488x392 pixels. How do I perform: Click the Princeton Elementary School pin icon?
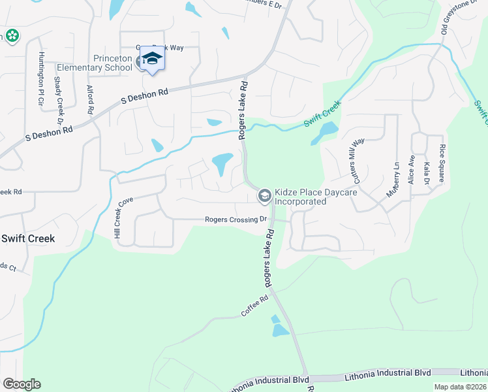[152, 58]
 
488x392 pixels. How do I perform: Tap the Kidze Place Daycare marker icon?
[264, 195]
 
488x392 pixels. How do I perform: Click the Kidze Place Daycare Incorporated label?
[300, 197]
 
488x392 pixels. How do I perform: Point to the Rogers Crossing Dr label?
[236, 220]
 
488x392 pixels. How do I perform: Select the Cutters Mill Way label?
[358, 160]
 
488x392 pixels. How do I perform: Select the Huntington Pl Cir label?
[40, 78]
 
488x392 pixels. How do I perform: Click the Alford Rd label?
[90, 100]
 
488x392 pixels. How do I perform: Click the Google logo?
[22, 384]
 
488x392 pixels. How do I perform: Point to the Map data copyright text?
[460, 387]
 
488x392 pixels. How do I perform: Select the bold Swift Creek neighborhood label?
[27, 238]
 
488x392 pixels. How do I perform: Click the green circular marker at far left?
[11, 35]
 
